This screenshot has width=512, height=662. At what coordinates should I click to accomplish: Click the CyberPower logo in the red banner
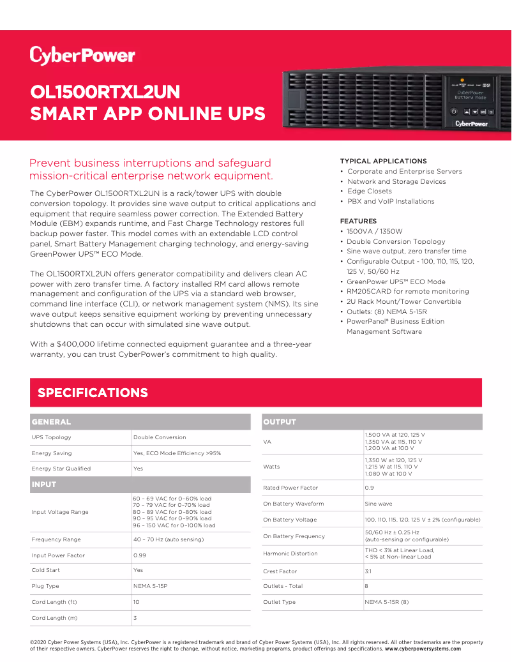pyautogui.click(x=82, y=56)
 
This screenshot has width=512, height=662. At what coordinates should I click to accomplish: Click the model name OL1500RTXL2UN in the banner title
pyautogui.click(x=105, y=92)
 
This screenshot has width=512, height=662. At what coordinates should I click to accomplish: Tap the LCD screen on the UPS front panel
pyautogui.click(x=471, y=95)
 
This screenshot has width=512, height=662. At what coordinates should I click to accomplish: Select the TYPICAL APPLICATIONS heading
pyautogui.click(x=383, y=161)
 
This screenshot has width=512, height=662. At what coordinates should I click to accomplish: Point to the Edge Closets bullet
pyautogui.click(x=369, y=191)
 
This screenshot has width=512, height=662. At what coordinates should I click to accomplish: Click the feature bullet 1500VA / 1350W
pyautogui.click(x=375, y=231)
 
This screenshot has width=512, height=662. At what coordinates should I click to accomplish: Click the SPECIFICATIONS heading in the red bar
pyautogui.click(x=93, y=393)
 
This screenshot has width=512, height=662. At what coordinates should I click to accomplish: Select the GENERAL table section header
pyautogui.click(x=51, y=422)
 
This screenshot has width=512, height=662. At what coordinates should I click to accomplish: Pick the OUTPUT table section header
pyautogui.click(x=280, y=422)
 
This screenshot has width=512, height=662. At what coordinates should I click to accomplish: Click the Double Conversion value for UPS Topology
pyautogui.click(x=160, y=437)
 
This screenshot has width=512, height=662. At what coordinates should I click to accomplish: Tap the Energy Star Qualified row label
pyautogui.click(x=61, y=469)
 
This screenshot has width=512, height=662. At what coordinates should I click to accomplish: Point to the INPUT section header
pyautogui.click(x=44, y=485)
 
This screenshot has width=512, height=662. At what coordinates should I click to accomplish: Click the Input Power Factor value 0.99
pyautogui.click(x=139, y=555)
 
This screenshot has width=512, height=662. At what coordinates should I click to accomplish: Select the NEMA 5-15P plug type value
pyautogui.click(x=149, y=586)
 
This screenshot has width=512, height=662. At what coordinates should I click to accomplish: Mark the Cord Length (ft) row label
pyautogui.click(x=54, y=602)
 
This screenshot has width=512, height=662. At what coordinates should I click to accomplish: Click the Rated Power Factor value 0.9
pyautogui.click(x=369, y=488)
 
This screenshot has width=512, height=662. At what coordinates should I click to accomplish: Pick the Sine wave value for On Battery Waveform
pyautogui.click(x=379, y=504)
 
